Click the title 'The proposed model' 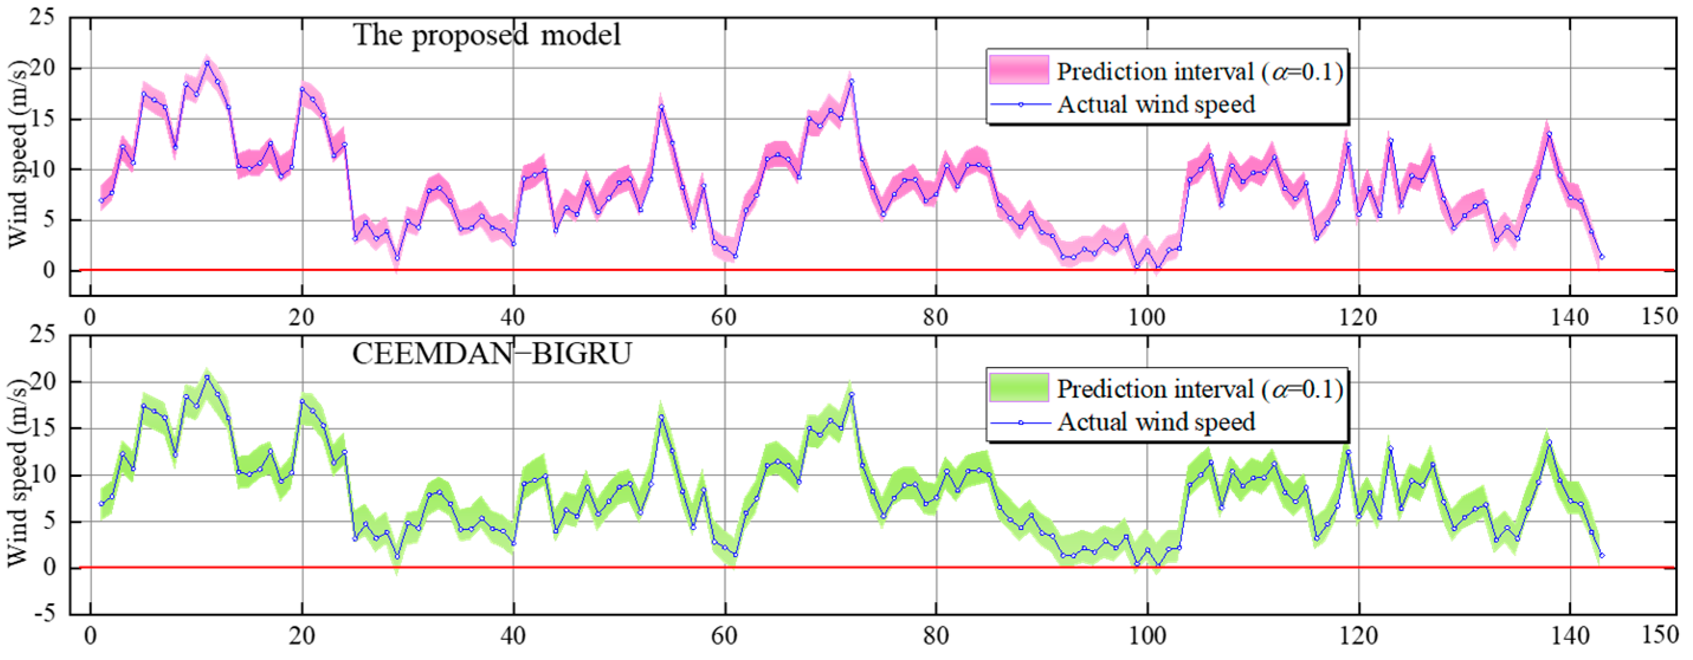(x=486, y=34)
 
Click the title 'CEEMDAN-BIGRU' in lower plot (x=492, y=354)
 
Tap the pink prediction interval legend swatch (x=1019, y=70)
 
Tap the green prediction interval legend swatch (x=1019, y=388)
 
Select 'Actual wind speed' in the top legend (x=1155, y=105)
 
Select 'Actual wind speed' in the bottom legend (x=1155, y=422)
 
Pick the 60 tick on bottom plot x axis (x=723, y=636)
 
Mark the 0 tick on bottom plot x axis (x=90, y=636)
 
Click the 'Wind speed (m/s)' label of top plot (x=18, y=155)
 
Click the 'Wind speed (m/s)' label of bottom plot (x=18, y=473)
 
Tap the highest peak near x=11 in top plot (x=207, y=63)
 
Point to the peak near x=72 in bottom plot (x=851, y=394)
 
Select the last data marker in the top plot (x=1602, y=257)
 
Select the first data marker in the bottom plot (x=101, y=503)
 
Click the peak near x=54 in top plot (x=661, y=107)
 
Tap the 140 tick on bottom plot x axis (x=1569, y=636)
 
